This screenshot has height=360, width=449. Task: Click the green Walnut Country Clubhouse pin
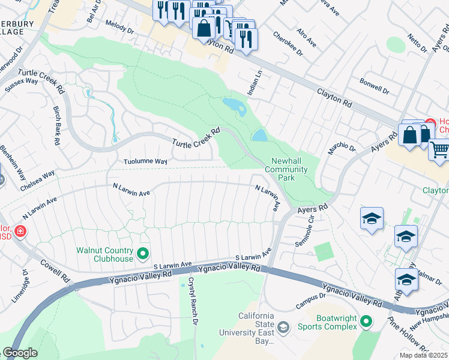pos(143,254)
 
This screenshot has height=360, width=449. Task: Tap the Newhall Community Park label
pos(289,170)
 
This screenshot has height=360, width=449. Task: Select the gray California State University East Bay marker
pos(283,326)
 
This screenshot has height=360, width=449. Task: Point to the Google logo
pos(20,353)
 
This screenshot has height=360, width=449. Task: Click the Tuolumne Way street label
pos(145,161)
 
